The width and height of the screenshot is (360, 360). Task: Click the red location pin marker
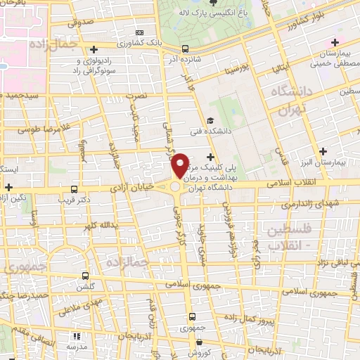[181, 165]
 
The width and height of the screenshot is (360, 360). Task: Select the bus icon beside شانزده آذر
[184, 49]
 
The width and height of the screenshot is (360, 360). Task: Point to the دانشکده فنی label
[210, 131]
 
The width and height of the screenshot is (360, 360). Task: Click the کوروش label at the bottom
[199, 354]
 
